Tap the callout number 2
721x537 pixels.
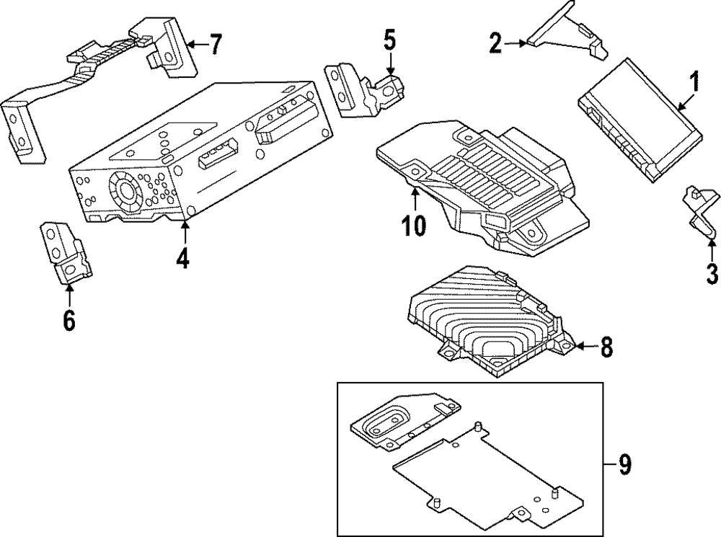tap(495, 43)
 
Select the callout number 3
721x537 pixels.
tap(711, 273)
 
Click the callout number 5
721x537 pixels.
tap(389, 40)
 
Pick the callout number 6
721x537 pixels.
tap(68, 320)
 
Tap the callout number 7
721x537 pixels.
tap(214, 45)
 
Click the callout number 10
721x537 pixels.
tap(415, 224)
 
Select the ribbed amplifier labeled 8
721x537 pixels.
tap(490, 321)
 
